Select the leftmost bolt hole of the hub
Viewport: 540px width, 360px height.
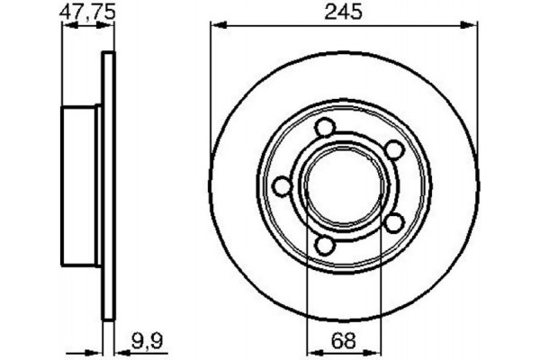point(283,187)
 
